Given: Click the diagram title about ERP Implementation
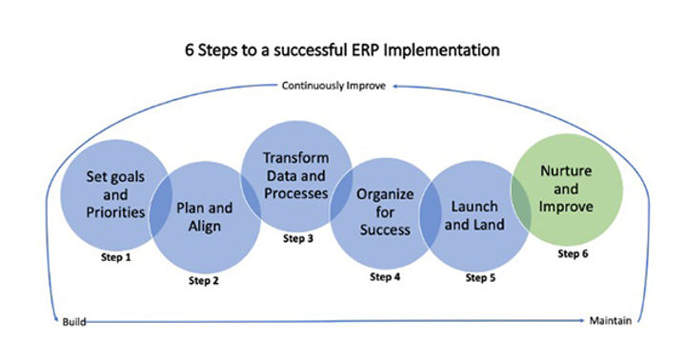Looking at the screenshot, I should [x=343, y=48].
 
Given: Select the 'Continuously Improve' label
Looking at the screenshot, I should [x=333, y=86].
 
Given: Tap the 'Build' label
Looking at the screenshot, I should [x=74, y=322].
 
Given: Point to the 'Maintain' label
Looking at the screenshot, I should [x=609, y=322].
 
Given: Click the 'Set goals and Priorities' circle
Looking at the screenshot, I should [x=104, y=194].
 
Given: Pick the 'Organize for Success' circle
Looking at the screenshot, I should [x=384, y=211].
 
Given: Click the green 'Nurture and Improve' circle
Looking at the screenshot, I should [x=566, y=189].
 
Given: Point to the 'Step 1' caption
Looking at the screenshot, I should [x=114, y=258].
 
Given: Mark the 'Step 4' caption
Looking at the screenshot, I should [x=385, y=277].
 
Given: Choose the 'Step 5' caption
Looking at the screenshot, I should [x=482, y=277].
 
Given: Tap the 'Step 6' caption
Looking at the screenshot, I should [x=574, y=254].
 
